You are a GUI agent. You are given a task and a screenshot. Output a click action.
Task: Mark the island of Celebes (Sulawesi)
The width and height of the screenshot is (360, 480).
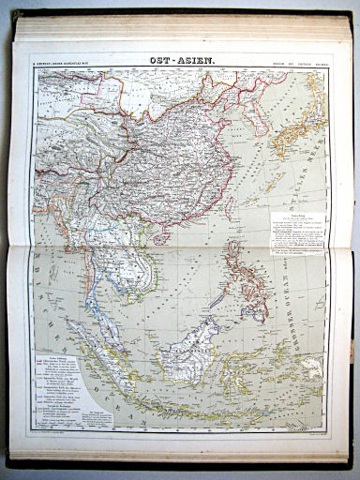point(239,361)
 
